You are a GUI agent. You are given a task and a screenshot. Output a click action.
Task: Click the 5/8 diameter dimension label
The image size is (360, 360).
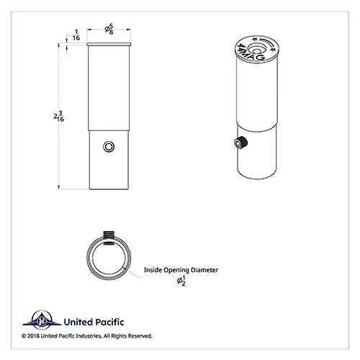[x=109, y=29]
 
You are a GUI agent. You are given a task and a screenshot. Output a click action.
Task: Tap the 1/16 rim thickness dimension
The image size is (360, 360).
[x=76, y=35]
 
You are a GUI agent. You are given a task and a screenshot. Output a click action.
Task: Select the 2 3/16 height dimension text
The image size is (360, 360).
[x=59, y=116]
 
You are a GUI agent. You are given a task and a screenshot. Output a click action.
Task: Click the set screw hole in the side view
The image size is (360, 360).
[x=109, y=147]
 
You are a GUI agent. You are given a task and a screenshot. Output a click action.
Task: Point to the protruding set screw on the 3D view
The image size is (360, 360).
[x=240, y=143]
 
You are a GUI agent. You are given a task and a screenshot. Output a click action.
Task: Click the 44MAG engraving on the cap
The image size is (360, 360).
[x=251, y=53]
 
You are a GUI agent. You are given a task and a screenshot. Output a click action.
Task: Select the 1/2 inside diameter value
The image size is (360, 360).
[x=181, y=281]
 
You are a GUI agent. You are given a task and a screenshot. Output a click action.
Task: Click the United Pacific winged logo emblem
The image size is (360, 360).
[x=42, y=320]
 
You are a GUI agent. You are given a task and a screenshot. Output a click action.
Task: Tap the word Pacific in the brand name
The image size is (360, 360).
[x=109, y=322]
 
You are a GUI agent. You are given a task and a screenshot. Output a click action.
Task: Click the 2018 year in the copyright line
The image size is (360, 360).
[x=33, y=336]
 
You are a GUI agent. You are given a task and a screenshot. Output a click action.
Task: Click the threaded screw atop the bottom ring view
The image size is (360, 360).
[x=109, y=234]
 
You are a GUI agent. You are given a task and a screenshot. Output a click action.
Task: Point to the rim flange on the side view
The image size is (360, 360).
[x=109, y=44]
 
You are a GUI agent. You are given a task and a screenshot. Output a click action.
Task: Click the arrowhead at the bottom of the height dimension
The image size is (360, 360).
[x=58, y=187]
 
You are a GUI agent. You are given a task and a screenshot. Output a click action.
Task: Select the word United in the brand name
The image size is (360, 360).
[x=78, y=322]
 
